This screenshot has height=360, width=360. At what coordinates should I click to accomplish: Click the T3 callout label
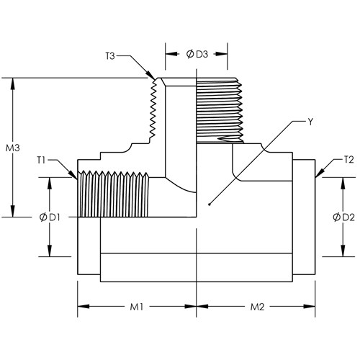coord(110,56)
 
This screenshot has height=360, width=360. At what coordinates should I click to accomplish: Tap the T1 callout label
coord(41,160)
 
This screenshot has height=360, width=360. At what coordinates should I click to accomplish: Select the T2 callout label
coord(349,160)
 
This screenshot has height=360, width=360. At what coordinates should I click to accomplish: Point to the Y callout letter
coord(310,122)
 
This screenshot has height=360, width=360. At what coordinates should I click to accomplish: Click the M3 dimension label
coord(13,148)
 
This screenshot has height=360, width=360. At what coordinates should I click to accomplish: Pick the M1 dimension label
coord(137,307)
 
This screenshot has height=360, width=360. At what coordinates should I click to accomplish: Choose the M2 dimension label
coord(257,307)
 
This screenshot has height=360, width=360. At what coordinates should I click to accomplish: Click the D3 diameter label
coord(202,55)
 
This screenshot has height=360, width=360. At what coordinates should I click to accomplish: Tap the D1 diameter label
coord(55,217)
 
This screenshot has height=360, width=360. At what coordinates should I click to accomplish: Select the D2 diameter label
coord(348,217)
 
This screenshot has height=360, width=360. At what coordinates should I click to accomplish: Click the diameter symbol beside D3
coord(190,55)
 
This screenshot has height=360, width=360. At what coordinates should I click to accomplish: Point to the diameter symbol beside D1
coord(43,217)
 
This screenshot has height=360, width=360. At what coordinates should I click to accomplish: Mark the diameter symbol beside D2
coord(337,217)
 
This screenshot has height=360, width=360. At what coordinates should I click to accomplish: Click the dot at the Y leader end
coord(210,204)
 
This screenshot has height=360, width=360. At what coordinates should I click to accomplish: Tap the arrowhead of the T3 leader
coord(151,75)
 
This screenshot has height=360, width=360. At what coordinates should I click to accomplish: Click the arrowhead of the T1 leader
coord(73,174)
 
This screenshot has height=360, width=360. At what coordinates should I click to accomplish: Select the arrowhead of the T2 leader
coord(320,174)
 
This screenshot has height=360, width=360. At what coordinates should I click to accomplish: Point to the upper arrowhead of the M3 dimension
coord(13,84)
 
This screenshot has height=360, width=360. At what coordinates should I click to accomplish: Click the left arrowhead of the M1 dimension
coord(84,307)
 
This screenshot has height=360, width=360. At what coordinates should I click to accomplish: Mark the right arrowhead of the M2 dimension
coord(310,307)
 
